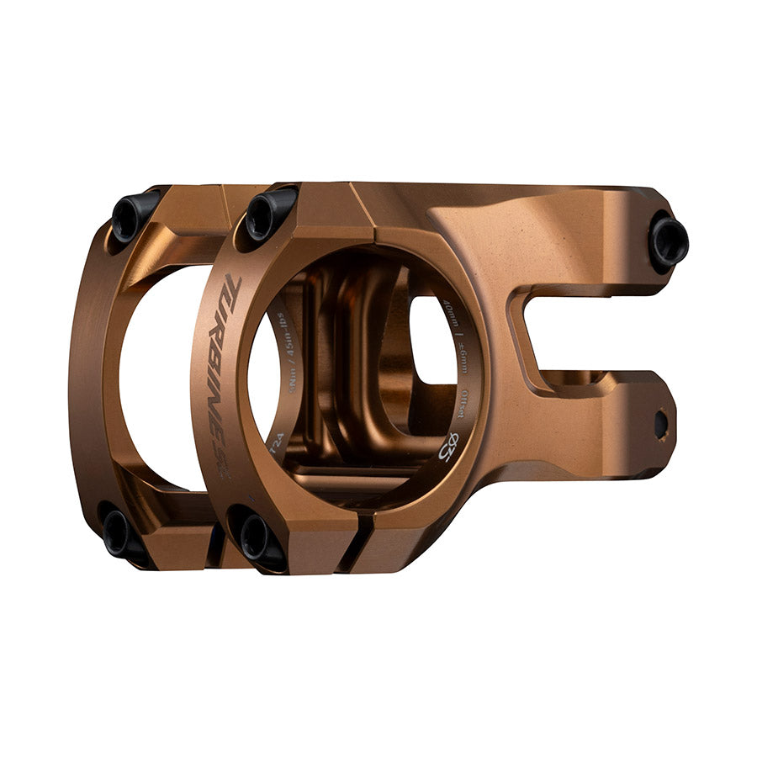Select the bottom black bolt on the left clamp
tap(117, 532)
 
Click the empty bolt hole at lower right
tap(660, 423)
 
